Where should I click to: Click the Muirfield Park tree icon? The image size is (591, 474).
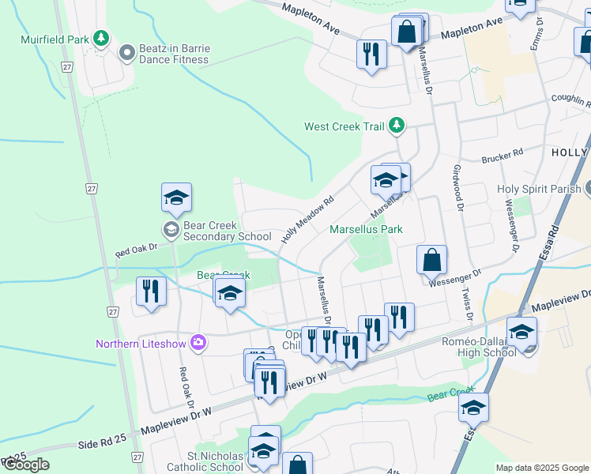[x=100, y=38]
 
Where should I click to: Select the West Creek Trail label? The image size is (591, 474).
[x=344, y=126]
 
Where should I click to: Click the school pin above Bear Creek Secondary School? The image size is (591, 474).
[x=177, y=198]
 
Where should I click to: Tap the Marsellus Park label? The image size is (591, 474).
[x=366, y=230]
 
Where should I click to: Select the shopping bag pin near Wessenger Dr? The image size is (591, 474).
[x=432, y=260]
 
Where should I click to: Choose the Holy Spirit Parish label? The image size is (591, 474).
[x=540, y=190]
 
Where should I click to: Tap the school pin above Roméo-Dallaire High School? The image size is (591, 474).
[x=521, y=332]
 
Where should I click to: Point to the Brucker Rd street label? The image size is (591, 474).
[x=507, y=153]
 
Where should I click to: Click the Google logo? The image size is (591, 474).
[x=25, y=465]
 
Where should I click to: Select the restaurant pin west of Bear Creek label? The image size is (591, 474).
[x=150, y=292]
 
